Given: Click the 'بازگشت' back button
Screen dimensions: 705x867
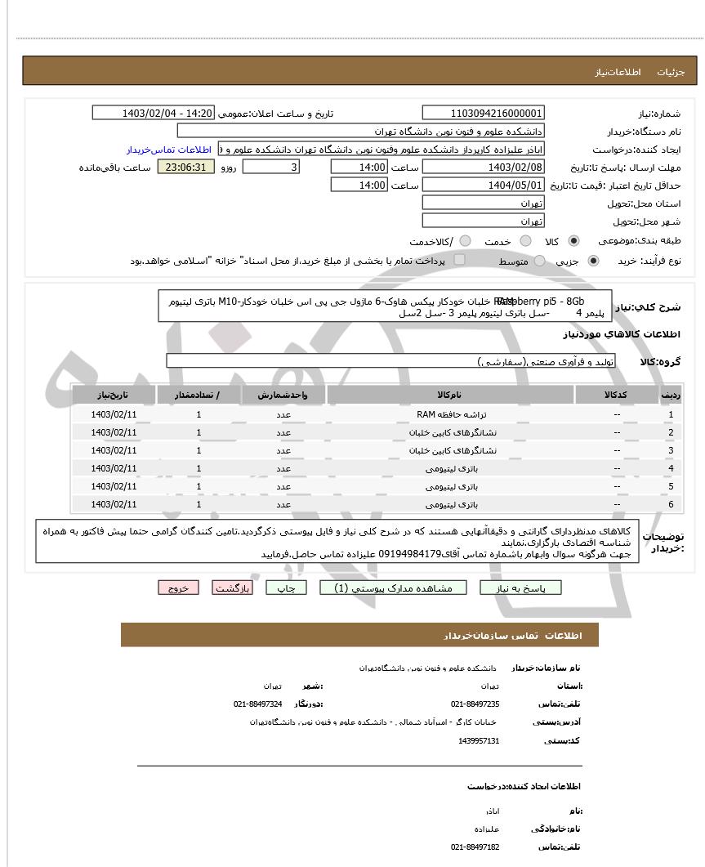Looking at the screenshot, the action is pyautogui.click(x=233, y=588).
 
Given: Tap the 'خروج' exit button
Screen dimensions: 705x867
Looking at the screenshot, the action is pyautogui.click(x=178, y=588).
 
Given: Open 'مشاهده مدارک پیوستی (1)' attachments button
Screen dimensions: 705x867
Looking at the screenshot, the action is pyautogui.click(x=382, y=588).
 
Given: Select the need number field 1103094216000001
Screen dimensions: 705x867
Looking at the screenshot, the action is pyautogui.click(x=483, y=113).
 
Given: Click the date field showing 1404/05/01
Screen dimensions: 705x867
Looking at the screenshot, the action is pyautogui.click(x=483, y=185).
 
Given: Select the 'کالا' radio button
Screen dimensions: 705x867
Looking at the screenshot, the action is pyautogui.click(x=573, y=241).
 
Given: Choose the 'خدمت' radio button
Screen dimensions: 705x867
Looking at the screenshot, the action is pyautogui.click(x=526, y=241).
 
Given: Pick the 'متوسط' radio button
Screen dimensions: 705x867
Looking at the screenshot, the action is pyautogui.click(x=541, y=261).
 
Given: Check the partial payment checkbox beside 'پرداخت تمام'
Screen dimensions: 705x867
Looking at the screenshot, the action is pyautogui.click(x=459, y=260).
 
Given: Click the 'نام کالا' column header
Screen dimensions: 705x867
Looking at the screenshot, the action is pyautogui.click(x=450, y=395).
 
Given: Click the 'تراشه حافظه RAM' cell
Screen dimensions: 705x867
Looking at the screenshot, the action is pyautogui.click(x=450, y=414).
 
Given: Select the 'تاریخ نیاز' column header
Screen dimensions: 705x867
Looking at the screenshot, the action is pyautogui.click(x=114, y=395).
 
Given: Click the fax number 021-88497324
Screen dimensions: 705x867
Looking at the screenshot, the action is pyautogui.click(x=258, y=704).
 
